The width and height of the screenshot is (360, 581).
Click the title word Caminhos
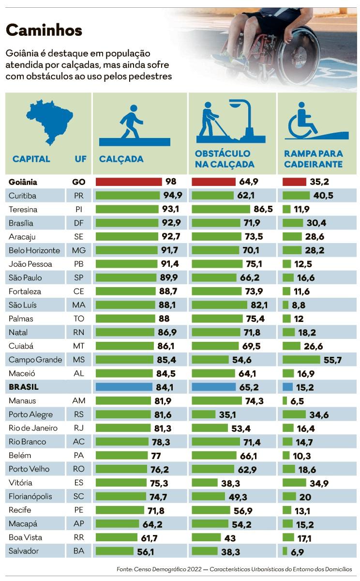[x=44, y=31]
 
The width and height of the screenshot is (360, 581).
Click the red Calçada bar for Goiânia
[x=129, y=182]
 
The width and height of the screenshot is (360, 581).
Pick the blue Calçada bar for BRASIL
[x=127, y=387]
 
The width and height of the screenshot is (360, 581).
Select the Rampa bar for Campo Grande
[x=301, y=360]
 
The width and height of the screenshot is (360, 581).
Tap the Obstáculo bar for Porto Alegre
[x=204, y=414]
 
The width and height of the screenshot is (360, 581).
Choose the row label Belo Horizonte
[x=34, y=250]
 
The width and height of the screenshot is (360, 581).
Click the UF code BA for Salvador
[x=78, y=551]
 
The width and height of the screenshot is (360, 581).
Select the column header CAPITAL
[x=31, y=159]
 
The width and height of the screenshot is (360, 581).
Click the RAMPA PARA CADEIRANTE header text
[x=313, y=159]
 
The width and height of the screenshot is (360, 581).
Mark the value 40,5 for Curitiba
[x=323, y=196]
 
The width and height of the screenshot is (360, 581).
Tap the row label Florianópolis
[x=30, y=496]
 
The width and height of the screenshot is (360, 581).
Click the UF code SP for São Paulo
[x=78, y=278]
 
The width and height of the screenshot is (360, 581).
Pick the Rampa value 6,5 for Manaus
[x=300, y=401]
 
